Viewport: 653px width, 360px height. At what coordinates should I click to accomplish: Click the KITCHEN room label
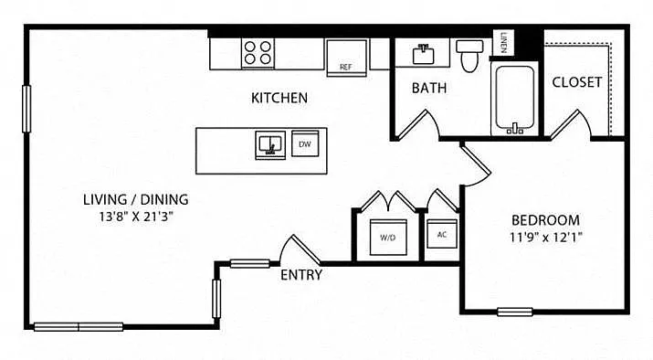[279, 98]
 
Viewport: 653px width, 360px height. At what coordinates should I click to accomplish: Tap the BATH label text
[429, 88]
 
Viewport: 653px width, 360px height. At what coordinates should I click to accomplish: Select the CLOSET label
[577, 82]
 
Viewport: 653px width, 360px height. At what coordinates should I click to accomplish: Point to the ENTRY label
[301, 275]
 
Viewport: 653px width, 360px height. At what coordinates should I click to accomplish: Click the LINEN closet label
[503, 43]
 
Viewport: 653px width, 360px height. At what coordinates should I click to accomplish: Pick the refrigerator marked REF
[346, 58]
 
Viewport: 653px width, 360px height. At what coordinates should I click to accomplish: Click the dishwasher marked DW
[305, 143]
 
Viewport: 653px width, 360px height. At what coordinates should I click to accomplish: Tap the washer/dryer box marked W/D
[388, 237]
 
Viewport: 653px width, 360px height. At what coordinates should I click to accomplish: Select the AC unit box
[442, 234]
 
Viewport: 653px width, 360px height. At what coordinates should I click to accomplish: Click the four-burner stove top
[258, 53]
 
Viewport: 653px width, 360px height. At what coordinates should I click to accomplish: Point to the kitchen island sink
[270, 145]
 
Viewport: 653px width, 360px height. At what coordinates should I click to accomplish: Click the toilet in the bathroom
[469, 56]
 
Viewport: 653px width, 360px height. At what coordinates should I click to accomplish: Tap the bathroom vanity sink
[423, 54]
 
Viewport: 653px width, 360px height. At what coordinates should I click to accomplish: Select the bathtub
[515, 99]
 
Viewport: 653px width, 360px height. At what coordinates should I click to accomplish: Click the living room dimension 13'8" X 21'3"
[136, 217]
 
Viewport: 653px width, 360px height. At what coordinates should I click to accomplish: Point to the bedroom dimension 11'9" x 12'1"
[545, 237]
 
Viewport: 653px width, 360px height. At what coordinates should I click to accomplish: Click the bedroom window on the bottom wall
[515, 312]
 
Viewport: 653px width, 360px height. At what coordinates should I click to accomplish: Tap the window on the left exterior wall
[26, 109]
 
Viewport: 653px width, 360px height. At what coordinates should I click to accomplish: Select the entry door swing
[300, 250]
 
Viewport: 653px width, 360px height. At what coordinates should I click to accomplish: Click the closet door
[571, 124]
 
